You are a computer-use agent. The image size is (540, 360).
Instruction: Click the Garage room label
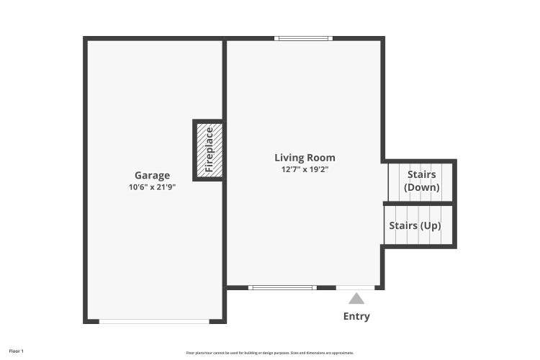click(x=152, y=176)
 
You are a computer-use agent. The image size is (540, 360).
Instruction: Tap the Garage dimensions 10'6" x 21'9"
click(x=152, y=187)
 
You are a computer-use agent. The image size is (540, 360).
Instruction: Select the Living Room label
click(x=305, y=158)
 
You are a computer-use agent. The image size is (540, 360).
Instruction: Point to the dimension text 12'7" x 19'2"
click(x=305, y=169)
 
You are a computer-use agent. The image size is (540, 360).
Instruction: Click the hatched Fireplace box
click(x=210, y=150)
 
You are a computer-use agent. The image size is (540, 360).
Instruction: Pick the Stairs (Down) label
click(x=421, y=181)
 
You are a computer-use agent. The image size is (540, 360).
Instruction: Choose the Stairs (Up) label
click(x=415, y=225)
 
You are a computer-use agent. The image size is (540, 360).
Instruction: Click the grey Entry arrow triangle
click(x=356, y=299)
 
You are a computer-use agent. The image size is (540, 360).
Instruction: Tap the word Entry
click(x=356, y=316)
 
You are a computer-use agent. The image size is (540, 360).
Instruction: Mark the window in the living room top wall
click(x=303, y=39)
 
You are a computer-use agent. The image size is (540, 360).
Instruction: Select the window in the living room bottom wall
click(x=282, y=288)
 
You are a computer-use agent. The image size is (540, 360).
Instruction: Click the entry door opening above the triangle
click(x=355, y=288)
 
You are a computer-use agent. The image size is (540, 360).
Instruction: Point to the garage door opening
click(x=154, y=321)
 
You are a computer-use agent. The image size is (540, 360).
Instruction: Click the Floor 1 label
click(x=16, y=351)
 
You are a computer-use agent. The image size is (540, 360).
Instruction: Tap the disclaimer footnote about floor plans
click(x=270, y=353)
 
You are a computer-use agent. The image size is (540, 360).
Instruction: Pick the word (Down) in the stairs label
click(x=421, y=187)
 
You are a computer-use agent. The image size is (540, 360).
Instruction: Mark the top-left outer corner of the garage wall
click(x=83, y=36)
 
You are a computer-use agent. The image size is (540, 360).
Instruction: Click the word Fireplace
click(x=209, y=150)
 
